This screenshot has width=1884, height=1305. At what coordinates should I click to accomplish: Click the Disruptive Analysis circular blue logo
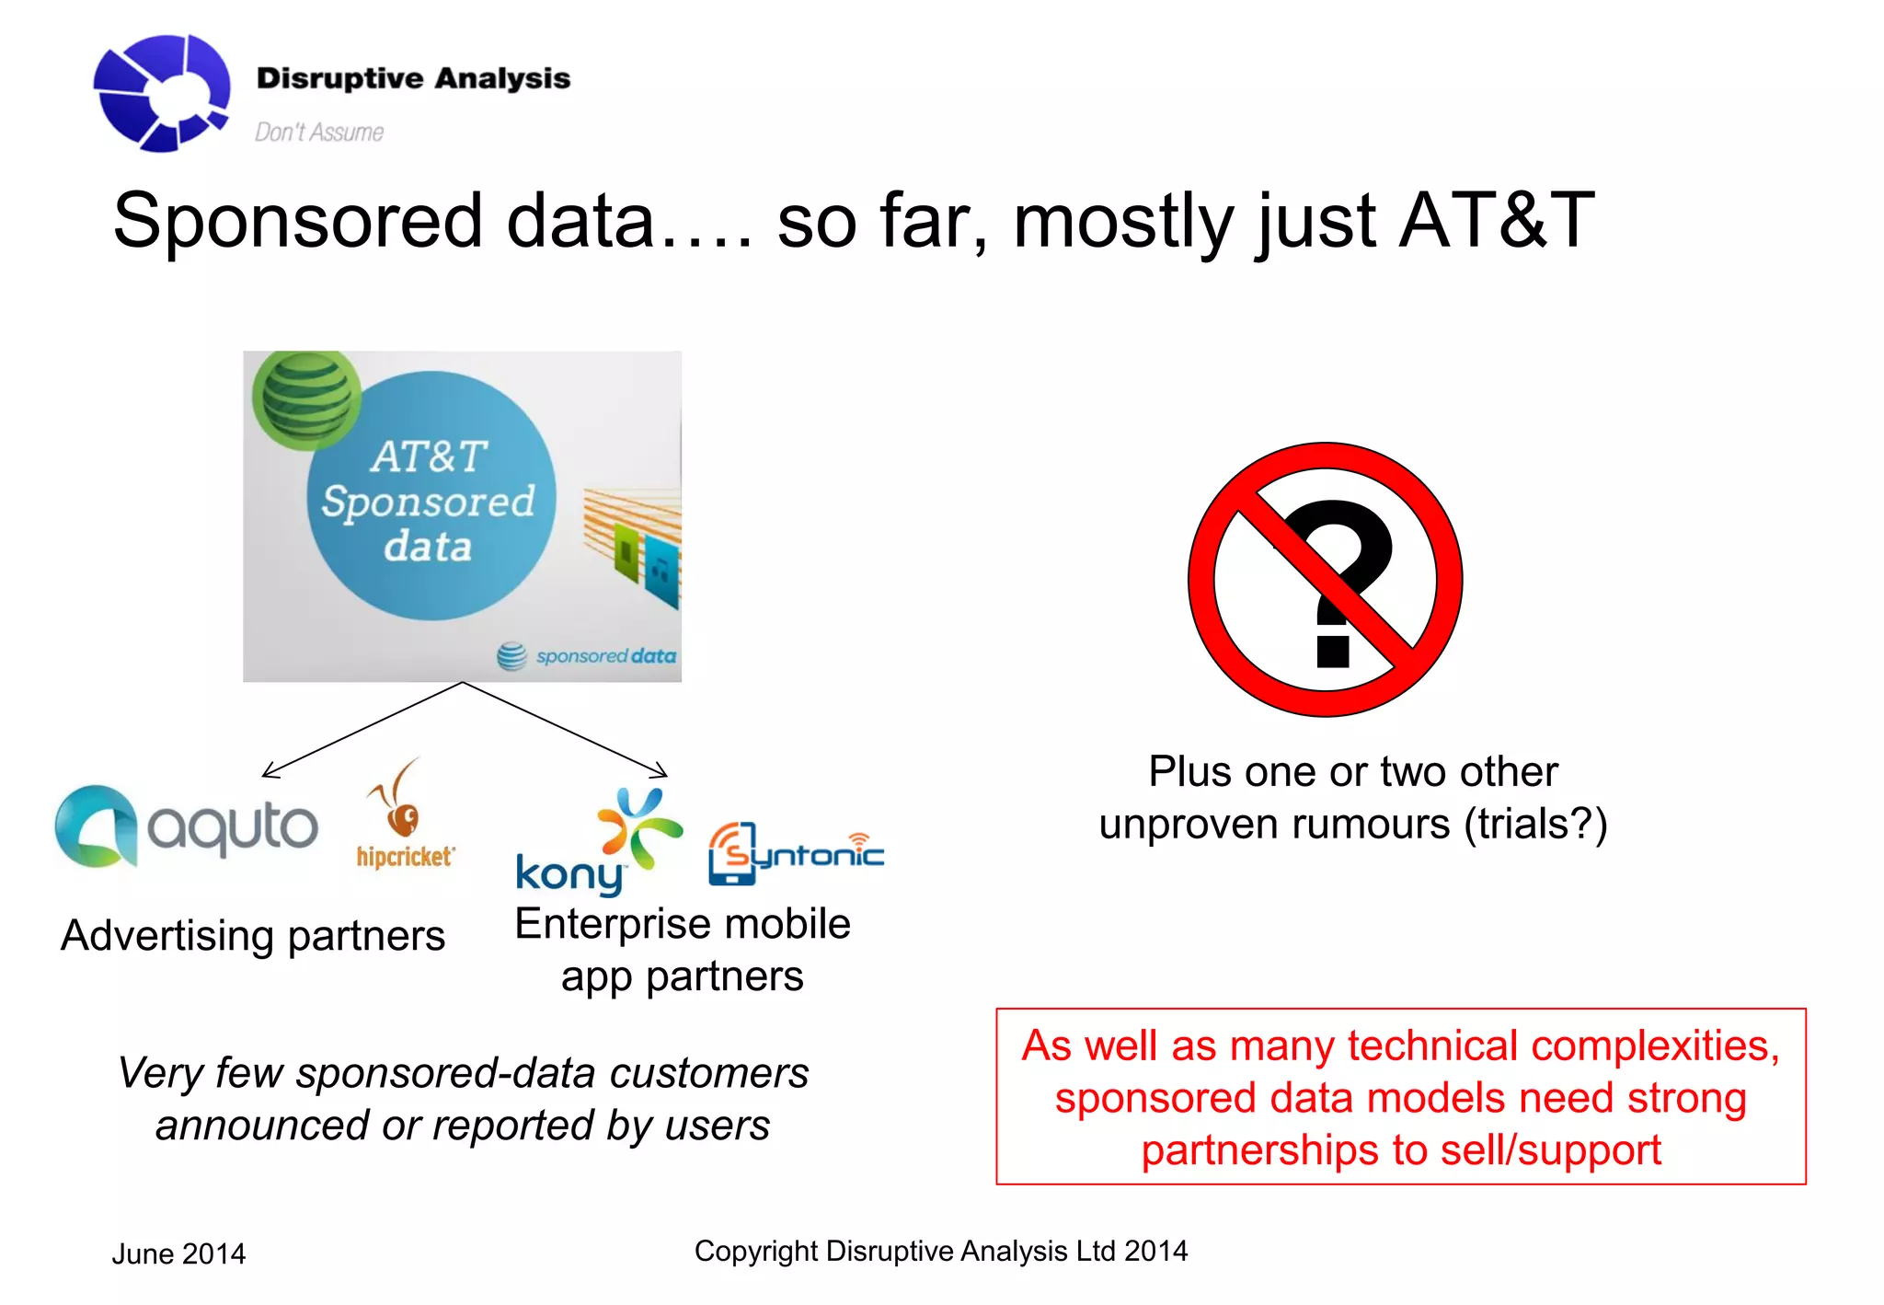tap(161, 93)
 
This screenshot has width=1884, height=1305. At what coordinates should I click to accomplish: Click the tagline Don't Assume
tap(318, 133)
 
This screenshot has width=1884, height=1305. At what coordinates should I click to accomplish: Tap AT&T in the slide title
tap(1496, 221)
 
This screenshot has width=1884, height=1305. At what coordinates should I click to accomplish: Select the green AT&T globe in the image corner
tap(305, 398)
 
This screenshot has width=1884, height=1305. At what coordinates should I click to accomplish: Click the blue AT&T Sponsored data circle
tap(431, 497)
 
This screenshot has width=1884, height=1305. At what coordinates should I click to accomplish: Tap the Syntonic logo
tap(795, 854)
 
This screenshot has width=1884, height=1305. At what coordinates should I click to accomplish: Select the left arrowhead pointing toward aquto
tap(269, 771)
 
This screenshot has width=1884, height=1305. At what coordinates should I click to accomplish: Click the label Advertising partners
tap(253, 936)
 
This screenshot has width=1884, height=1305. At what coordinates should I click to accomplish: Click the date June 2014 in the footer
tap(178, 1253)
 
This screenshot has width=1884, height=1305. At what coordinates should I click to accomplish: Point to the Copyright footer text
tap(940, 1251)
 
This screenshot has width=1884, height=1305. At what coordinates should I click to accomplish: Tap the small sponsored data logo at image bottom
tap(587, 656)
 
